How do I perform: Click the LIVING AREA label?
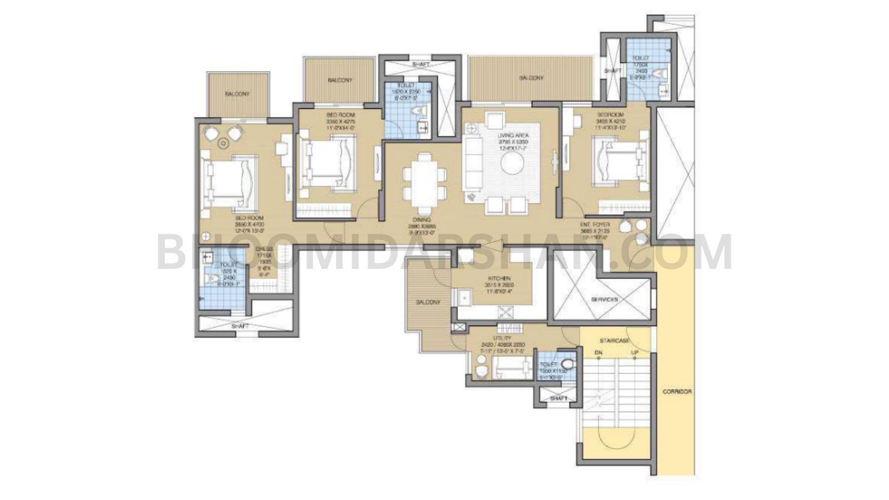click(513, 136)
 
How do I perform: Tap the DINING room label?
click(422, 220)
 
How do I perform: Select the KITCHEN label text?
click(499, 278)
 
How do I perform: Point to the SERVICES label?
click(604, 299)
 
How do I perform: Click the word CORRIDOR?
click(677, 392)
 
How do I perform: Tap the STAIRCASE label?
click(615, 340)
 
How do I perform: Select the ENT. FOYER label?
click(595, 224)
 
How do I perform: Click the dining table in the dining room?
click(425, 177)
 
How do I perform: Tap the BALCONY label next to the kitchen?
click(428, 302)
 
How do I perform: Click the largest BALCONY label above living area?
click(531, 78)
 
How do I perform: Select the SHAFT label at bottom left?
click(240, 326)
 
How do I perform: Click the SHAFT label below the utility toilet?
click(558, 398)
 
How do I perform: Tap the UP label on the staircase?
click(635, 353)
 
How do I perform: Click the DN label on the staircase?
click(598, 353)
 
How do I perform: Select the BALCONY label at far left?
click(237, 94)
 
